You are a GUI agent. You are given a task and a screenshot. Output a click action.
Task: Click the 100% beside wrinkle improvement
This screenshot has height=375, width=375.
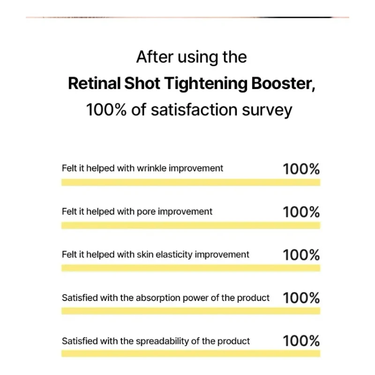tap(301, 169)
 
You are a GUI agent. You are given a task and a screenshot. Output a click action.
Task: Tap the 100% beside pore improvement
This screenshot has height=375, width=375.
tap(301, 212)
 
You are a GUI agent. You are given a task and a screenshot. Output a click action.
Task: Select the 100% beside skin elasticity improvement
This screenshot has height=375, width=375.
tap(301, 255)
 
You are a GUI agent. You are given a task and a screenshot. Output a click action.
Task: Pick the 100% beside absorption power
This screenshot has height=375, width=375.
tap(301, 298)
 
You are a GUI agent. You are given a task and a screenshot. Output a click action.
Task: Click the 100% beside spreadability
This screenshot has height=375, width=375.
tap(301, 341)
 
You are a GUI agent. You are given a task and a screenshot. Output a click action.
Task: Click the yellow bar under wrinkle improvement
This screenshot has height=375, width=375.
tap(191, 182)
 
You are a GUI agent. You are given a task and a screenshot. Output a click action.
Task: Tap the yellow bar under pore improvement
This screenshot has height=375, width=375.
tap(191, 225)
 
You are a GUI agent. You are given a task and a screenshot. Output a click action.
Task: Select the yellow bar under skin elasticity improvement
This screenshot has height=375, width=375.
tap(191, 268)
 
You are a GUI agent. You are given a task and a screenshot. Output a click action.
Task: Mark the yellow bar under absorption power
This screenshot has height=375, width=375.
tap(191, 311)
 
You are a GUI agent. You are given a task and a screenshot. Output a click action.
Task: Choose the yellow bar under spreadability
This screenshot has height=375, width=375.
tap(191, 354)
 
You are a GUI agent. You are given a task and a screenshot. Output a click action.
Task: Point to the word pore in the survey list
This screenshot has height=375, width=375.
tap(146, 211)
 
